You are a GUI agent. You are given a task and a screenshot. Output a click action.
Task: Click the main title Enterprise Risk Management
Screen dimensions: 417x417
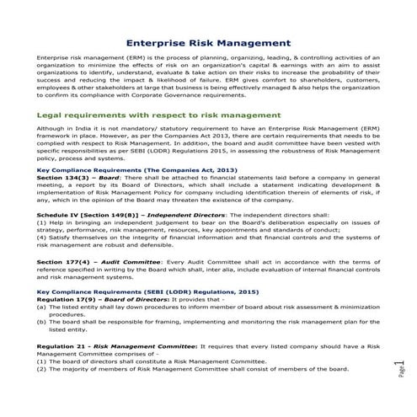208,41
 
